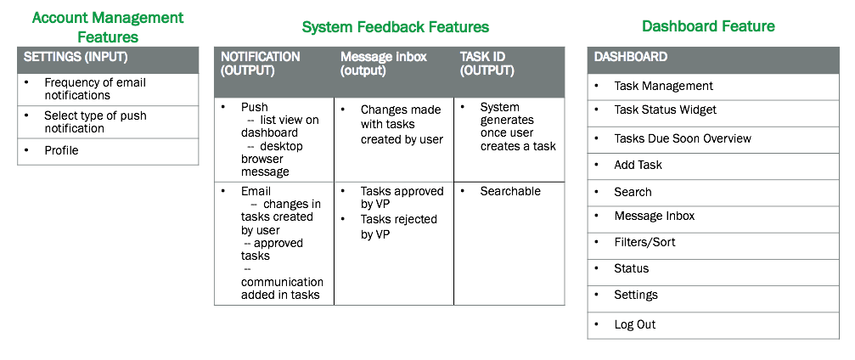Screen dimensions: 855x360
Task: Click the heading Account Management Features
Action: tap(108, 27)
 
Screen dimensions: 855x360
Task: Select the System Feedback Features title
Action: tap(396, 26)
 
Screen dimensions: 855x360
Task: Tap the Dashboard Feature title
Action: tap(708, 25)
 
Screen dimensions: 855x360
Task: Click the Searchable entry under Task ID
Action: tap(510, 191)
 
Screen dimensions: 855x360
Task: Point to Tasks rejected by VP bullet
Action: tap(398, 227)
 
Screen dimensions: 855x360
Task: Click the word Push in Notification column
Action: tap(255, 108)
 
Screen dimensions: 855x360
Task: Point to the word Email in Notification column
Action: tap(256, 191)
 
